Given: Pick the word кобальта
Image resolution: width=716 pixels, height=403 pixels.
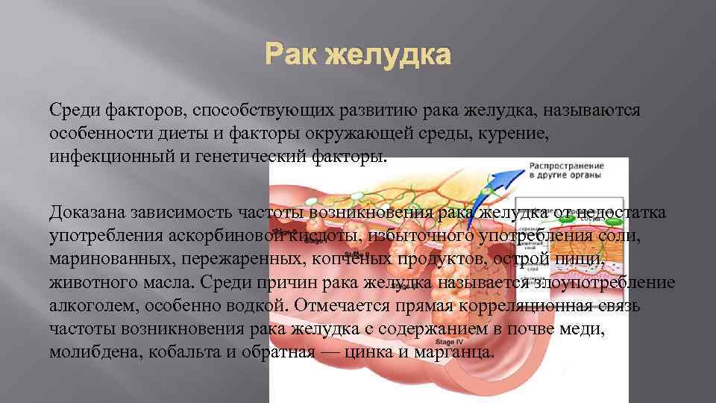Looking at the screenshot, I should [192, 352].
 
